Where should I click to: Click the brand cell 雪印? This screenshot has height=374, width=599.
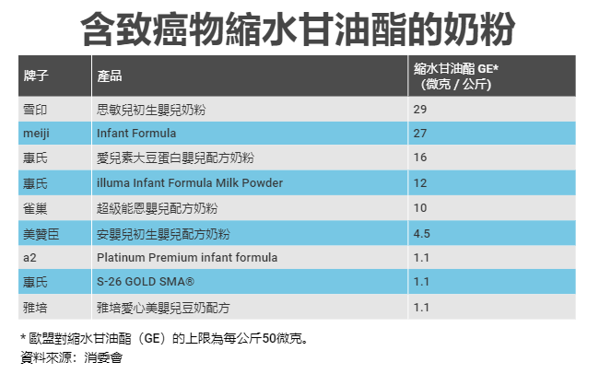[x=33, y=110]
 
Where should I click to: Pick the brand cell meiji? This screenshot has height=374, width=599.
[x=36, y=134]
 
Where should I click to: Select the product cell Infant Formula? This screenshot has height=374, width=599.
[x=136, y=134]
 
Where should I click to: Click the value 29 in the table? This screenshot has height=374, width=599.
[x=420, y=110]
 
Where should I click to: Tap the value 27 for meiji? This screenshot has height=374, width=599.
[x=420, y=134]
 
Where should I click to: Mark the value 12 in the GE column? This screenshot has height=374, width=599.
[x=420, y=182]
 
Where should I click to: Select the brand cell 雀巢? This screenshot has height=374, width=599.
[x=33, y=207]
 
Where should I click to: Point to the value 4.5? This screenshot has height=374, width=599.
[x=422, y=232]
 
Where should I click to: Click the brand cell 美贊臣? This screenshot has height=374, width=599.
[x=39, y=232]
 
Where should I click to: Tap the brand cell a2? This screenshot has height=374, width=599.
[x=29, y=257]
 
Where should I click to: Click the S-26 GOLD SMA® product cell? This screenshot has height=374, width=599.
[x=146, y=281]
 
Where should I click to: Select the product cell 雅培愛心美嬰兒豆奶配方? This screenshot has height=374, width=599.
[x=162, y=306]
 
